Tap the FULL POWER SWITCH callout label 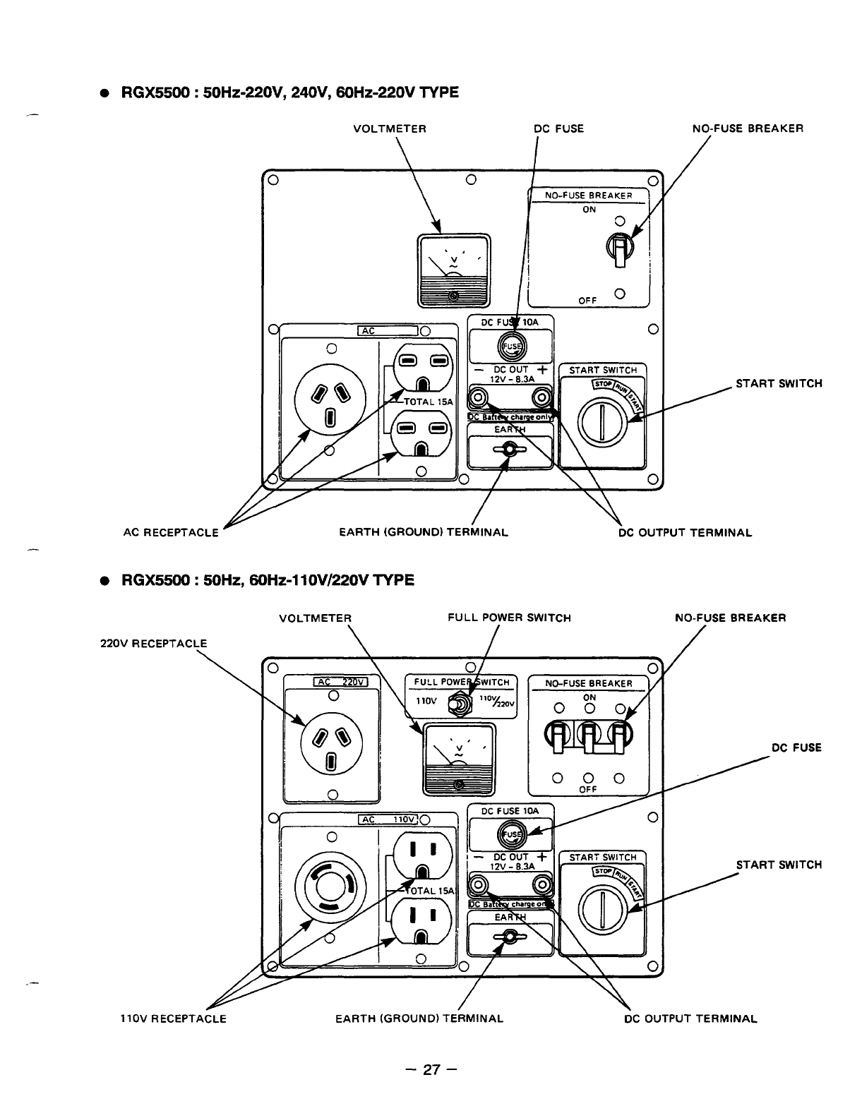[509, 618]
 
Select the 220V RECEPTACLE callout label [153, 644]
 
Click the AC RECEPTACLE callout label [171, 532]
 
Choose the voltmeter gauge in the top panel [453, 270]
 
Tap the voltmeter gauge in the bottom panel [458, 758]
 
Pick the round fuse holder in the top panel [510, 345]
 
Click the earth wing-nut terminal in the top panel [510, 449]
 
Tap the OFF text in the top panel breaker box [588, 300]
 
